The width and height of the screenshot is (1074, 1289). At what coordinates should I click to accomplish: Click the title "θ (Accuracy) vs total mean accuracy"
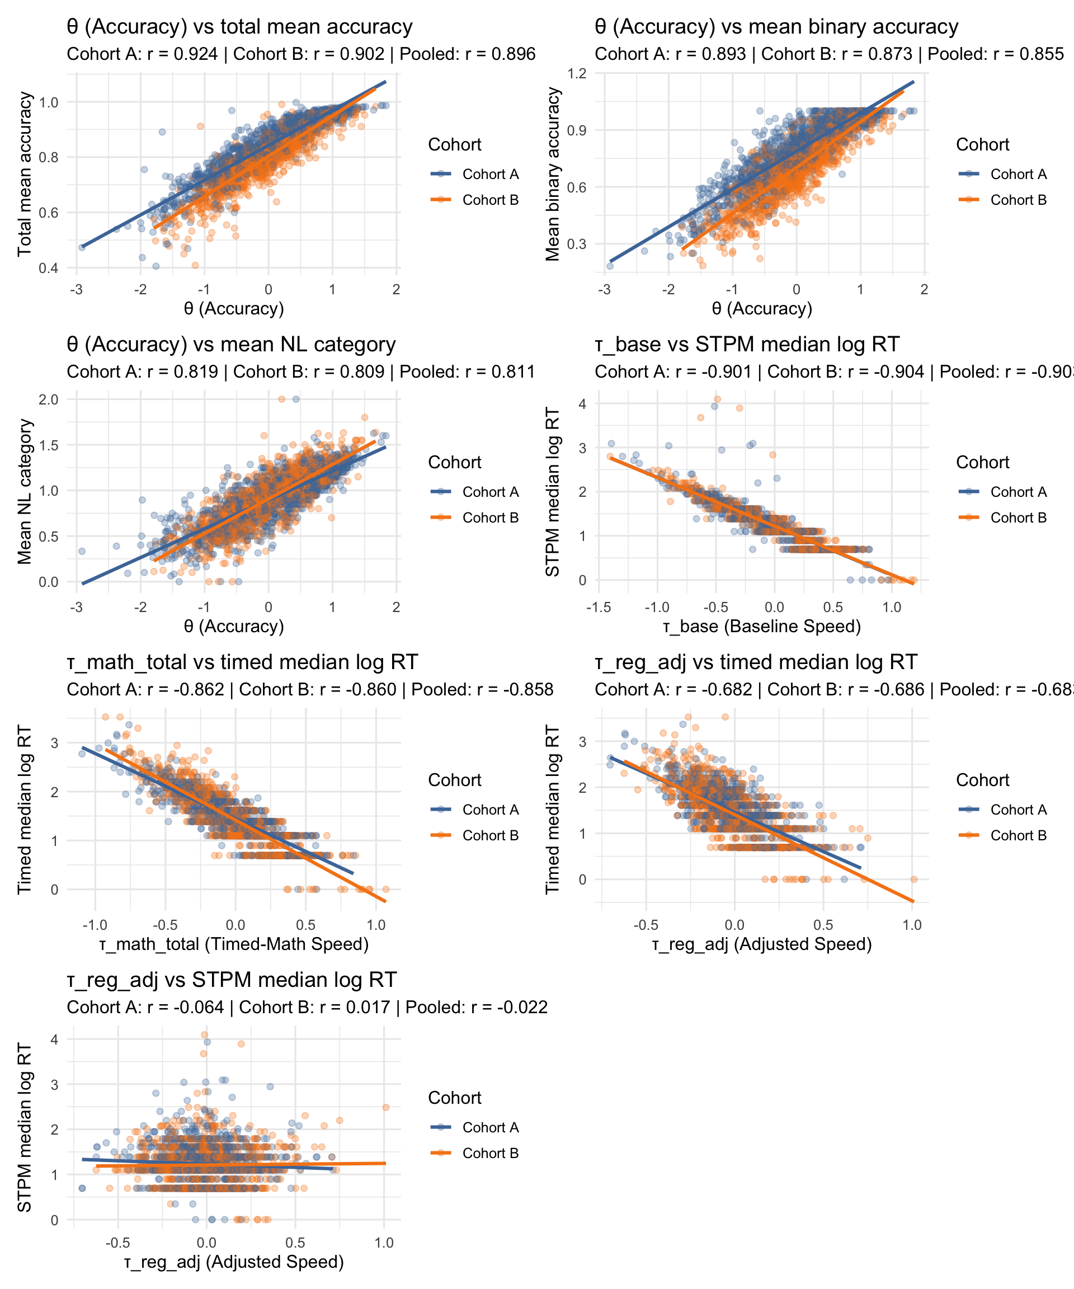click(x=239, y=27)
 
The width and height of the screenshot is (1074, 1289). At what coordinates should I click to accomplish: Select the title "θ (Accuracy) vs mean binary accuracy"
click(x=776, y=27)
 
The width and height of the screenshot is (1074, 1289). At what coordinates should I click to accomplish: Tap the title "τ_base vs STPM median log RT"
click(x=747, y=344)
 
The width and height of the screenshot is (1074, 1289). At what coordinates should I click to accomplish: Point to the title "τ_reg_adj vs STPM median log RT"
click(x=232, y=980)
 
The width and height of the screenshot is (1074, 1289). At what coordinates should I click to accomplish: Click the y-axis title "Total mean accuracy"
click(x=25, y=173)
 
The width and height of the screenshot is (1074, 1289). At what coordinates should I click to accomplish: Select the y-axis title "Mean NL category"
click(x=25, y=491)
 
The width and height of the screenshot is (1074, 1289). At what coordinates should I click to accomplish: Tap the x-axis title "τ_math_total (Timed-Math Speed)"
click(x=234, y=943)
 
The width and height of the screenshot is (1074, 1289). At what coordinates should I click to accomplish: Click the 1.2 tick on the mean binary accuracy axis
click(x=576, y=74)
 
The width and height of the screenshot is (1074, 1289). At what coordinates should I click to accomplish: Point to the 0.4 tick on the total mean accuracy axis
click(x=49, y=268)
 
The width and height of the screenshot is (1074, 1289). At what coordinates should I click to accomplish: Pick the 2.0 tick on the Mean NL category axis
click(x=49, y=399)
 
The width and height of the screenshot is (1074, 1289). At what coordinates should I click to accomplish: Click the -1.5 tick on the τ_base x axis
click(x=599, y=607)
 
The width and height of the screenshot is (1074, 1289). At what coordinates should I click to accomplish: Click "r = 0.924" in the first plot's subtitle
click(x=182, y=54)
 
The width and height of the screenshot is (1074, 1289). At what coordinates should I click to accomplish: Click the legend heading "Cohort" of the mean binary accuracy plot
click(x=982, y=145)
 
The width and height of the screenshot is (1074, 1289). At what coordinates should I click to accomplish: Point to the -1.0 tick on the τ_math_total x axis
click(x=95, y=925)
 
